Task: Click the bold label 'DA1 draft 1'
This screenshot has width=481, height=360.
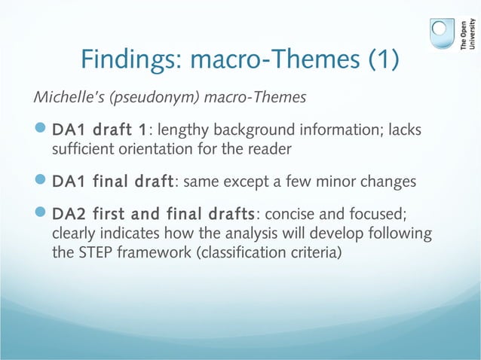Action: click(x=99, y=133)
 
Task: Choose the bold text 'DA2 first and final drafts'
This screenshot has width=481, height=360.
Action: click(x=154, y=215)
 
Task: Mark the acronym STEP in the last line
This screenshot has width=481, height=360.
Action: click(x=93, y=252)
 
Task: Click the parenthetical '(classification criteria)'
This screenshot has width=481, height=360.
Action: click(x=269, y=252)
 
